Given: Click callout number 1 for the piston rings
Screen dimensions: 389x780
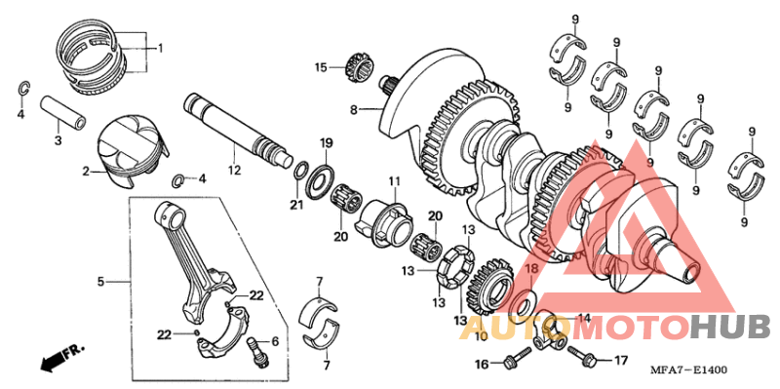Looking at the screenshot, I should coord(161,48).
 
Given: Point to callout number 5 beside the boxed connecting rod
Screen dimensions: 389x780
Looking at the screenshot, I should coord(99,282).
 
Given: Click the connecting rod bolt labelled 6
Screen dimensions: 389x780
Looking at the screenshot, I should coord(257,348).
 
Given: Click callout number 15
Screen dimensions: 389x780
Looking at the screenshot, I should coord(321,67).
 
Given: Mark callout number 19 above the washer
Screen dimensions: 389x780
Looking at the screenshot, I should coord(328,143).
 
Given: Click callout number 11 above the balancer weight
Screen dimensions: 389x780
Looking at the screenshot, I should coord(395,181).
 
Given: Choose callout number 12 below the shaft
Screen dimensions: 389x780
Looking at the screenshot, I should coord(233,172).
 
